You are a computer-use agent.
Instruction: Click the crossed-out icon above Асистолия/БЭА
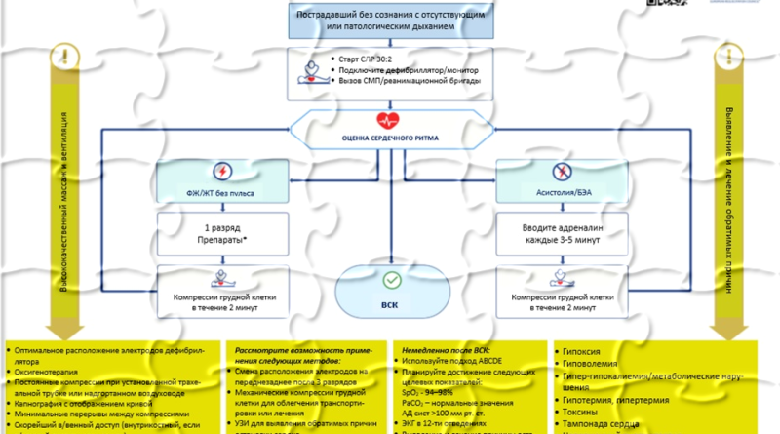pos(559,168)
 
